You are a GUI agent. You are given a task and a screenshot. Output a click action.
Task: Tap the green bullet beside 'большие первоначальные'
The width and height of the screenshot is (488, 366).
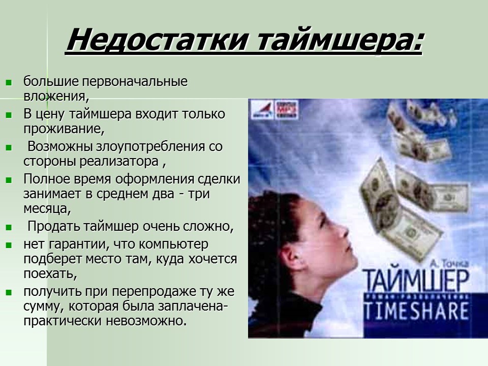[8, 82]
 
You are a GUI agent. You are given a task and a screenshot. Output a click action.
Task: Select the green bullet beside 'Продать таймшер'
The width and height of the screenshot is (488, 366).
[8, 227]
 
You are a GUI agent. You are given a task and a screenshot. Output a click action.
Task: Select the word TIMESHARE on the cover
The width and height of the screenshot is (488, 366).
[415, 310]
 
